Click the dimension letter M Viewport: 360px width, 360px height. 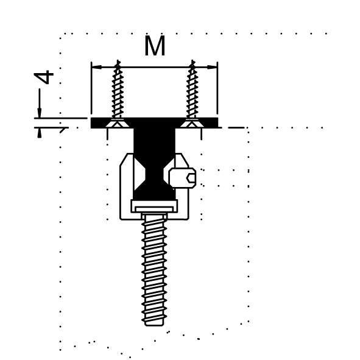(x=155, y=46)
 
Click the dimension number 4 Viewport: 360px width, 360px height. (x=44, y=77)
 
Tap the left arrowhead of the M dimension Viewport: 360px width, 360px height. (x=97, y=67)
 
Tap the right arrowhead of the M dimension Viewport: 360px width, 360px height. (x=212, y=67)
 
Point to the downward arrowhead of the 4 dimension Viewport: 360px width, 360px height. (x=40, y=113)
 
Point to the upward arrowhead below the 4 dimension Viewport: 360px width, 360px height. (x=40, y=133)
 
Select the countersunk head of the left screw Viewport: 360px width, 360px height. (x=118, y=123)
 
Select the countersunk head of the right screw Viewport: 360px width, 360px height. (x=192, y=123)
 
